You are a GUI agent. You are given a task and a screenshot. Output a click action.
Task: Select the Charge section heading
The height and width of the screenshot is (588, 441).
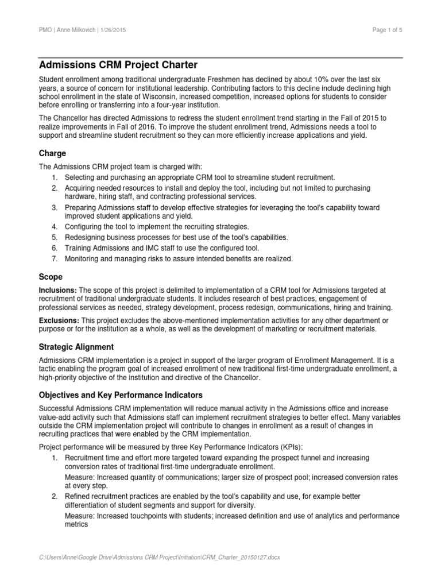pyautogui.click(x=52, y=153)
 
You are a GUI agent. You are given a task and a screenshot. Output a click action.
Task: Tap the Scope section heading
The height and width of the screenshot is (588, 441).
pyautogui.click(x=51, y=276)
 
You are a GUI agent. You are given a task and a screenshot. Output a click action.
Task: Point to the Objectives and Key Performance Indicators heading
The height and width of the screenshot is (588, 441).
pyautogui.click(x=120, y=396)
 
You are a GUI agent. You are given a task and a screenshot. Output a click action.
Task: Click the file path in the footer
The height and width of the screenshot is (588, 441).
pyautogui.click(x=158, y=557)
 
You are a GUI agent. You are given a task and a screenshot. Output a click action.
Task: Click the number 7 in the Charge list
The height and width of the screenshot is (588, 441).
pyautogui.click(x=54, y=258)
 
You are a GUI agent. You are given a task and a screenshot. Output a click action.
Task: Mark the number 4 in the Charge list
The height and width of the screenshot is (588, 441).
pyautogui.click(x=54, y=227)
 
